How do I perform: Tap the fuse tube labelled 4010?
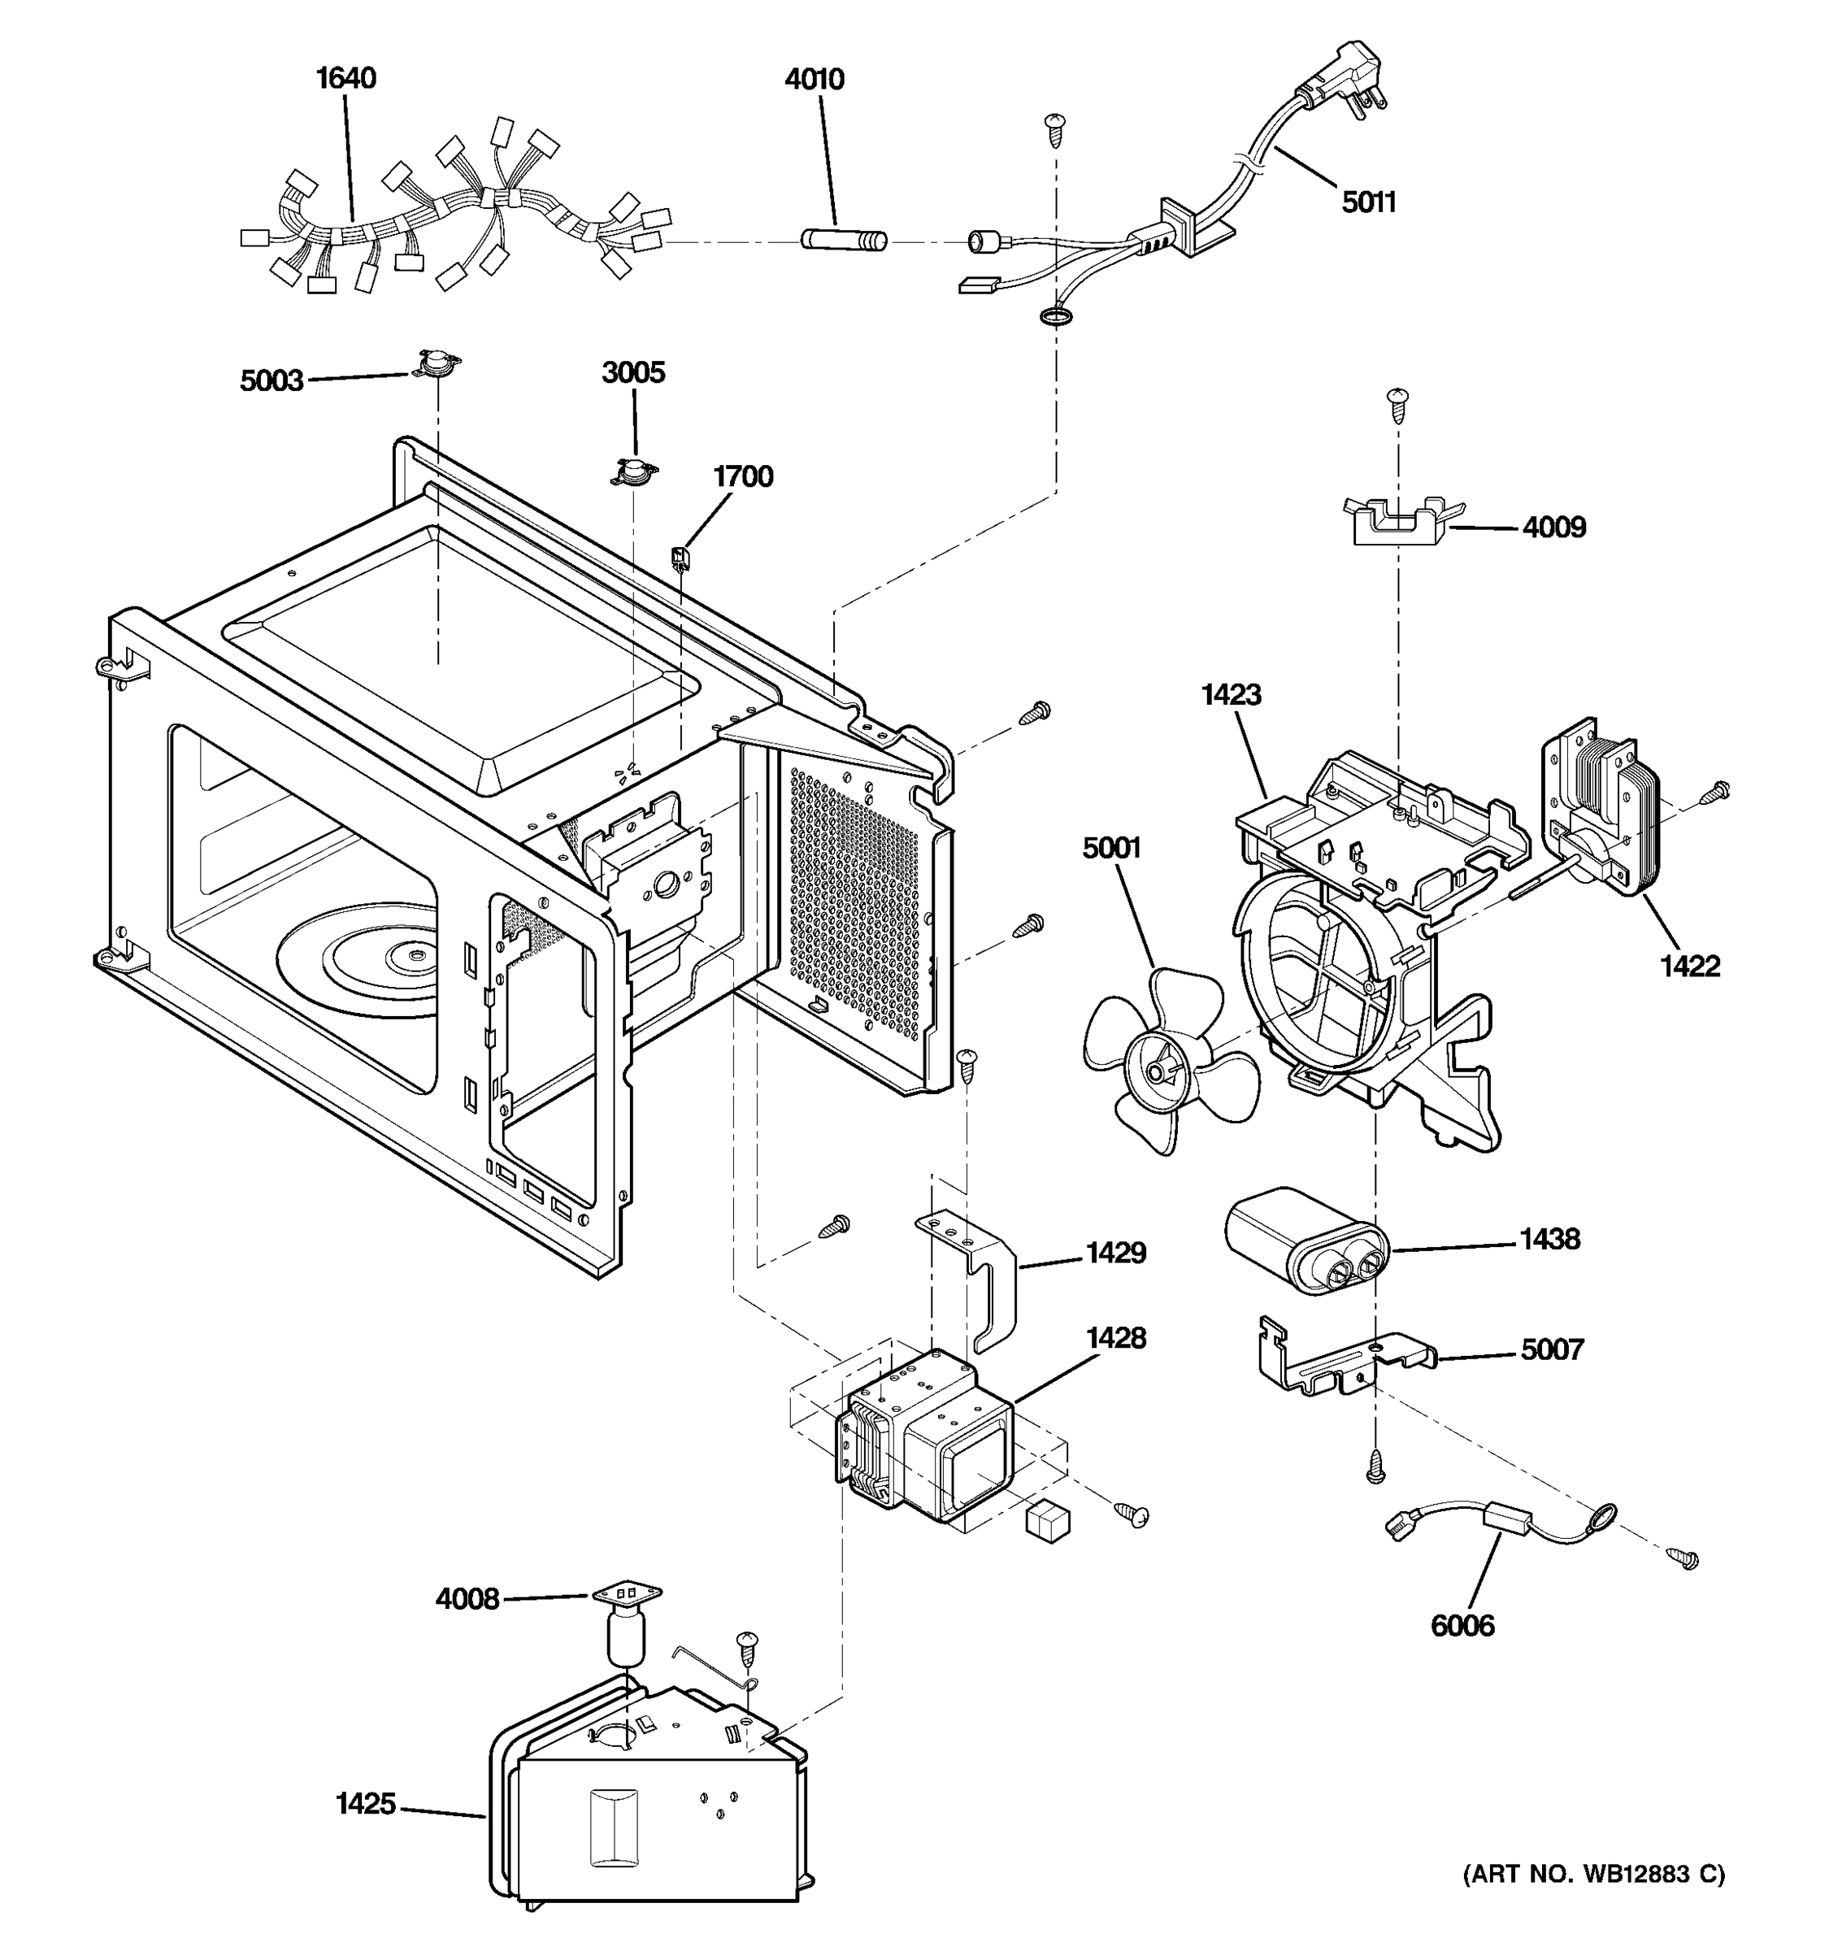[x=844, y=240]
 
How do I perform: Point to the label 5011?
[x=1369, y=202]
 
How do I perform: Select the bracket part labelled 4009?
[x=1401, y=521]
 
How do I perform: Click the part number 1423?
[x=1231, y=695]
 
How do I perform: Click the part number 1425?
[x=365, y=1804]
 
